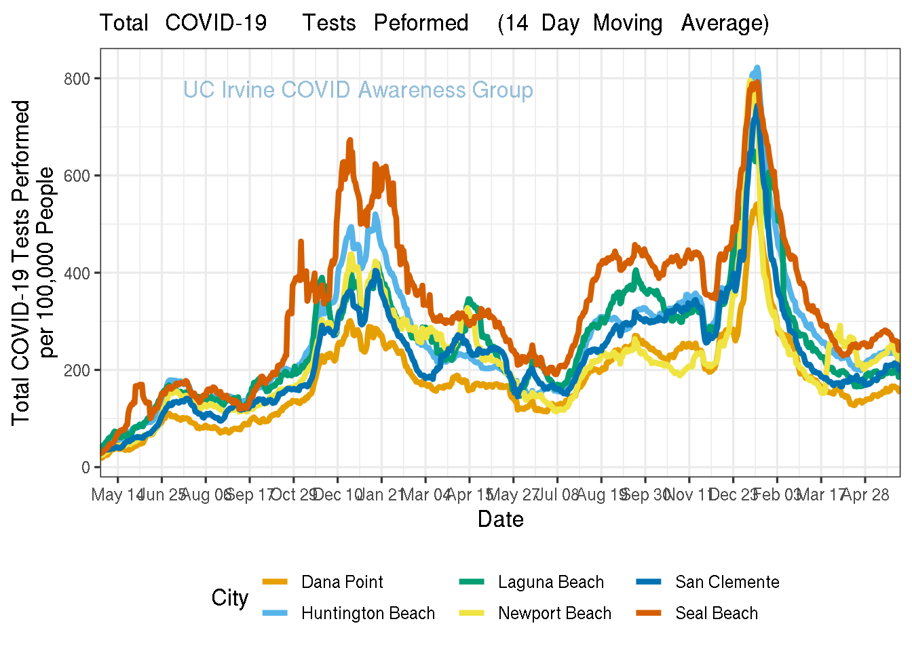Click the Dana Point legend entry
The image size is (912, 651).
[342, 582]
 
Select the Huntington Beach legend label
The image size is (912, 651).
[368, 613]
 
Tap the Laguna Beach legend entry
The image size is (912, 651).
[550, 582]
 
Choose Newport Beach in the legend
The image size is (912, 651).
[554, 613]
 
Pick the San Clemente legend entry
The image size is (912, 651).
[727, 582]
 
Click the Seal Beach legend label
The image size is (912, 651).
[716, 613]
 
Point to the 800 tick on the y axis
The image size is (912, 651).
[77, 79]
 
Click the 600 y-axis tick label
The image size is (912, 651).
[77, 176]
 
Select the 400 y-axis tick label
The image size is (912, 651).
[77, 273]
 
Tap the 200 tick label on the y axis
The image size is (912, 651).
[77, 370]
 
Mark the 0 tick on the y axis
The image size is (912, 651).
[85, 467]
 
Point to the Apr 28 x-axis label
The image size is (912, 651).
[866, 494]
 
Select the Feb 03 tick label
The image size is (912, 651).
[778, 494]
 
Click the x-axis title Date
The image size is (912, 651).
[500, 519]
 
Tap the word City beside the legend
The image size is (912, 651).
[229, 598]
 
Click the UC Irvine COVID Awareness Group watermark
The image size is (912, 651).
[358, 90]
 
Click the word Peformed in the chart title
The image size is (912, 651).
[421, 23]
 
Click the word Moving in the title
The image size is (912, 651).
[628, 23]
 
